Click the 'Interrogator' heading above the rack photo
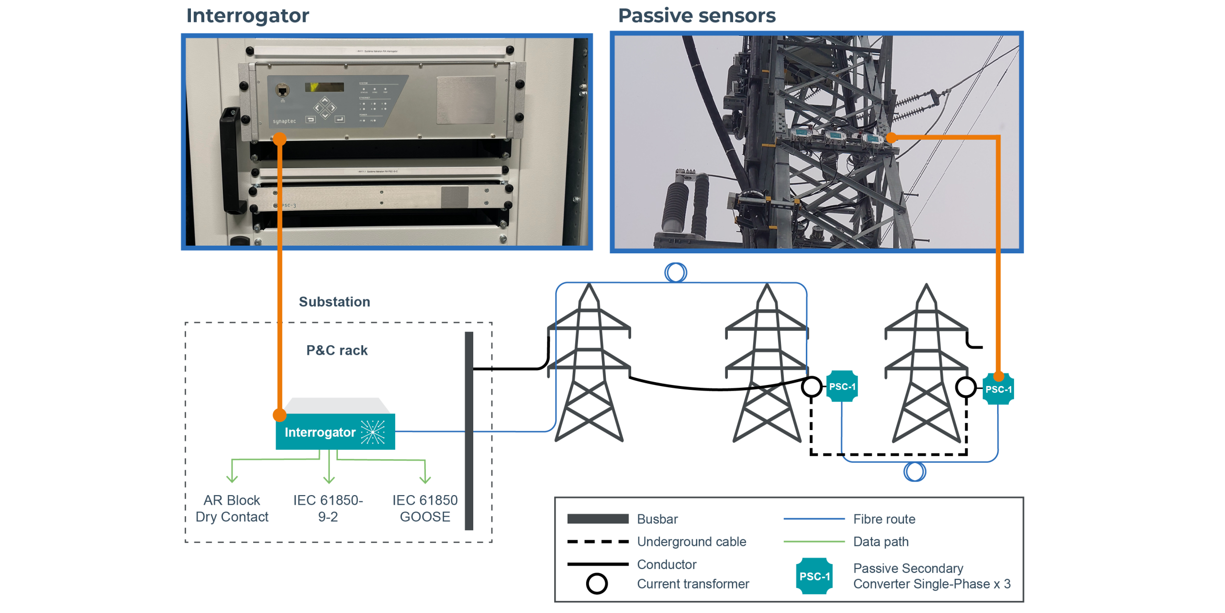pos(247,16)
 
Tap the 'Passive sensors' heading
pos(697,16)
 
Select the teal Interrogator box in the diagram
pos(335,431)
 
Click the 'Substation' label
pos(334,302)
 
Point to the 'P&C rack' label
pos(337,350)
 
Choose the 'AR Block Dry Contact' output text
pos(232,509)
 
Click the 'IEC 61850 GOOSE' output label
pos(425,509)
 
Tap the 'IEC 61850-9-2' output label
pos(328,509)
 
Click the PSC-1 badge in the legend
pos(814,576)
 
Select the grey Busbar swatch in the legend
pos(598,519)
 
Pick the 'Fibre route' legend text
pos(884,519)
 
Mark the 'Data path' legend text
pos(880,542)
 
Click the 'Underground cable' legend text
pos(691,542)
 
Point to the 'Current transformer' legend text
pos(693,584)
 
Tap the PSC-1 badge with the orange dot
pos(998,389)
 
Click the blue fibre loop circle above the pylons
pos(676,272)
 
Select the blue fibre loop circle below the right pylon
pos(914,472)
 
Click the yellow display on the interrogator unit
pos(324,87)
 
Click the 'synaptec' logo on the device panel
pos(284,122)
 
